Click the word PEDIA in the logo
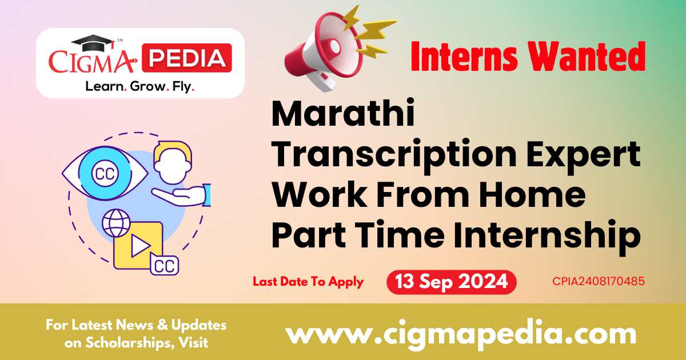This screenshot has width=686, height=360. pyautogui.click(x=187, y=58)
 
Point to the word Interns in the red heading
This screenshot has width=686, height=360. pyautogui.click(x=464, y=57)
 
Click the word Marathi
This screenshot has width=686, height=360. pyautogui.click(x=343, y=112)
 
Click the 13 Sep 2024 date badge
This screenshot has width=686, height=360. pyautogui.click(x=452, y=282)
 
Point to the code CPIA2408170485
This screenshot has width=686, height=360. pyautogui.click(x=599, y=281)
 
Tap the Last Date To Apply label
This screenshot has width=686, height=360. pyautogui.click(x=308, y=282)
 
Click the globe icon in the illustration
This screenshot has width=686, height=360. pyautogui.click(x=117, y=223)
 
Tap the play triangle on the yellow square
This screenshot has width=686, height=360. pyautogui.click(x=140, y=246)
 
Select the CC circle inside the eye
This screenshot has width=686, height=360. pyautogui.click(x=105, y=174)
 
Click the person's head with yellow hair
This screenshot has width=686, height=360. pyautogui.click(x=173, y=162)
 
